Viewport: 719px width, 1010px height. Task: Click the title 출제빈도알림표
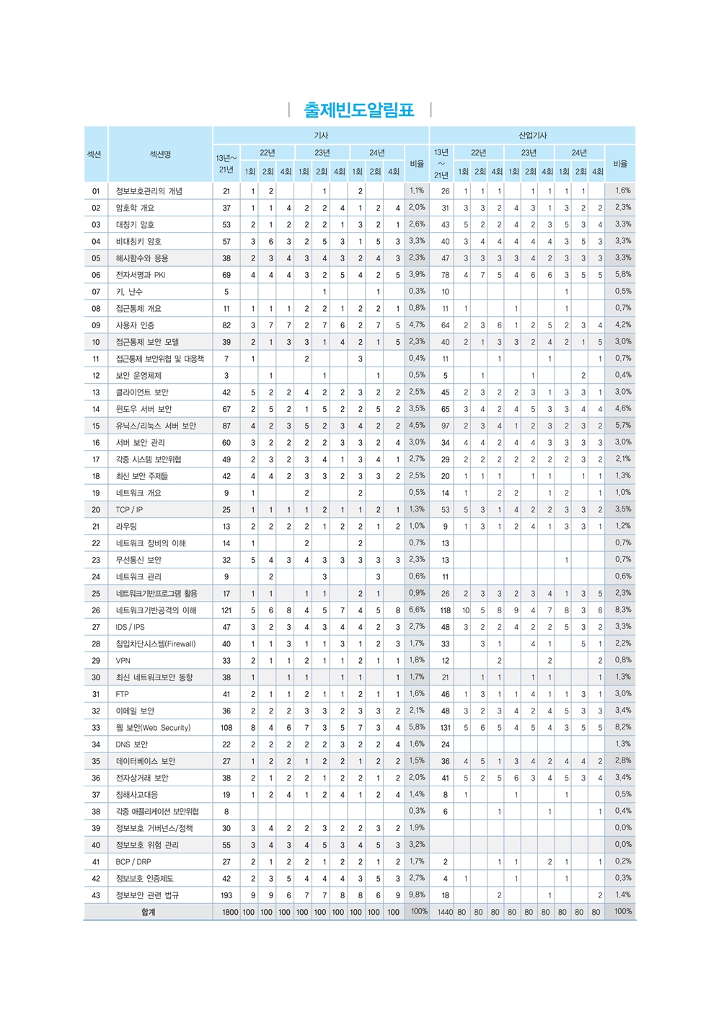coord(359,110)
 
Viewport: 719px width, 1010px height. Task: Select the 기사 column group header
coord(321,136)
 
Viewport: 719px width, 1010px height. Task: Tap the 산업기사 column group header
coord(532,136)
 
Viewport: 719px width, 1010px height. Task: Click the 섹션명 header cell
coord(160,154)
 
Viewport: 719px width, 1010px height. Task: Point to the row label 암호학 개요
coord(135,208)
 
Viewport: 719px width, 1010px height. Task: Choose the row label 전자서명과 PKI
coord(141,275)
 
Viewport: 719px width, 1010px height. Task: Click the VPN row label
coord(123,661)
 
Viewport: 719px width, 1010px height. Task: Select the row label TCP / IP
coord(129,510)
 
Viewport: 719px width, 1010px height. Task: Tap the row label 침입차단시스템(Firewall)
coord(156,644)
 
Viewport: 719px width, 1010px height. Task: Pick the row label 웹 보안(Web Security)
coord(153,728)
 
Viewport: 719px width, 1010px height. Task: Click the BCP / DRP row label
coord(133,862)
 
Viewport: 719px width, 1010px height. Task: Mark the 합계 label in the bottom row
coord(148,913)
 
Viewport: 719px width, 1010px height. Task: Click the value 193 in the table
coord(226,895)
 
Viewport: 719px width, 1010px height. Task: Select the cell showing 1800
coord(229,913)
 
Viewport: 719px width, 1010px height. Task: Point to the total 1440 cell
coord(445,913)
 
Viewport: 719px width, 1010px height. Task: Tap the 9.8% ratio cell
coord(417,895)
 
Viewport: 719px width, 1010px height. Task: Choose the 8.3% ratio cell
coord(623,610)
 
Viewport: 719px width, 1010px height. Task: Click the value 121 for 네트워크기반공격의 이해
coord(226,610)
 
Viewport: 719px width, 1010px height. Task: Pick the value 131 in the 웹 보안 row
coord(445,728)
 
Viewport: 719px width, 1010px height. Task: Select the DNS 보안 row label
coord(131,745)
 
